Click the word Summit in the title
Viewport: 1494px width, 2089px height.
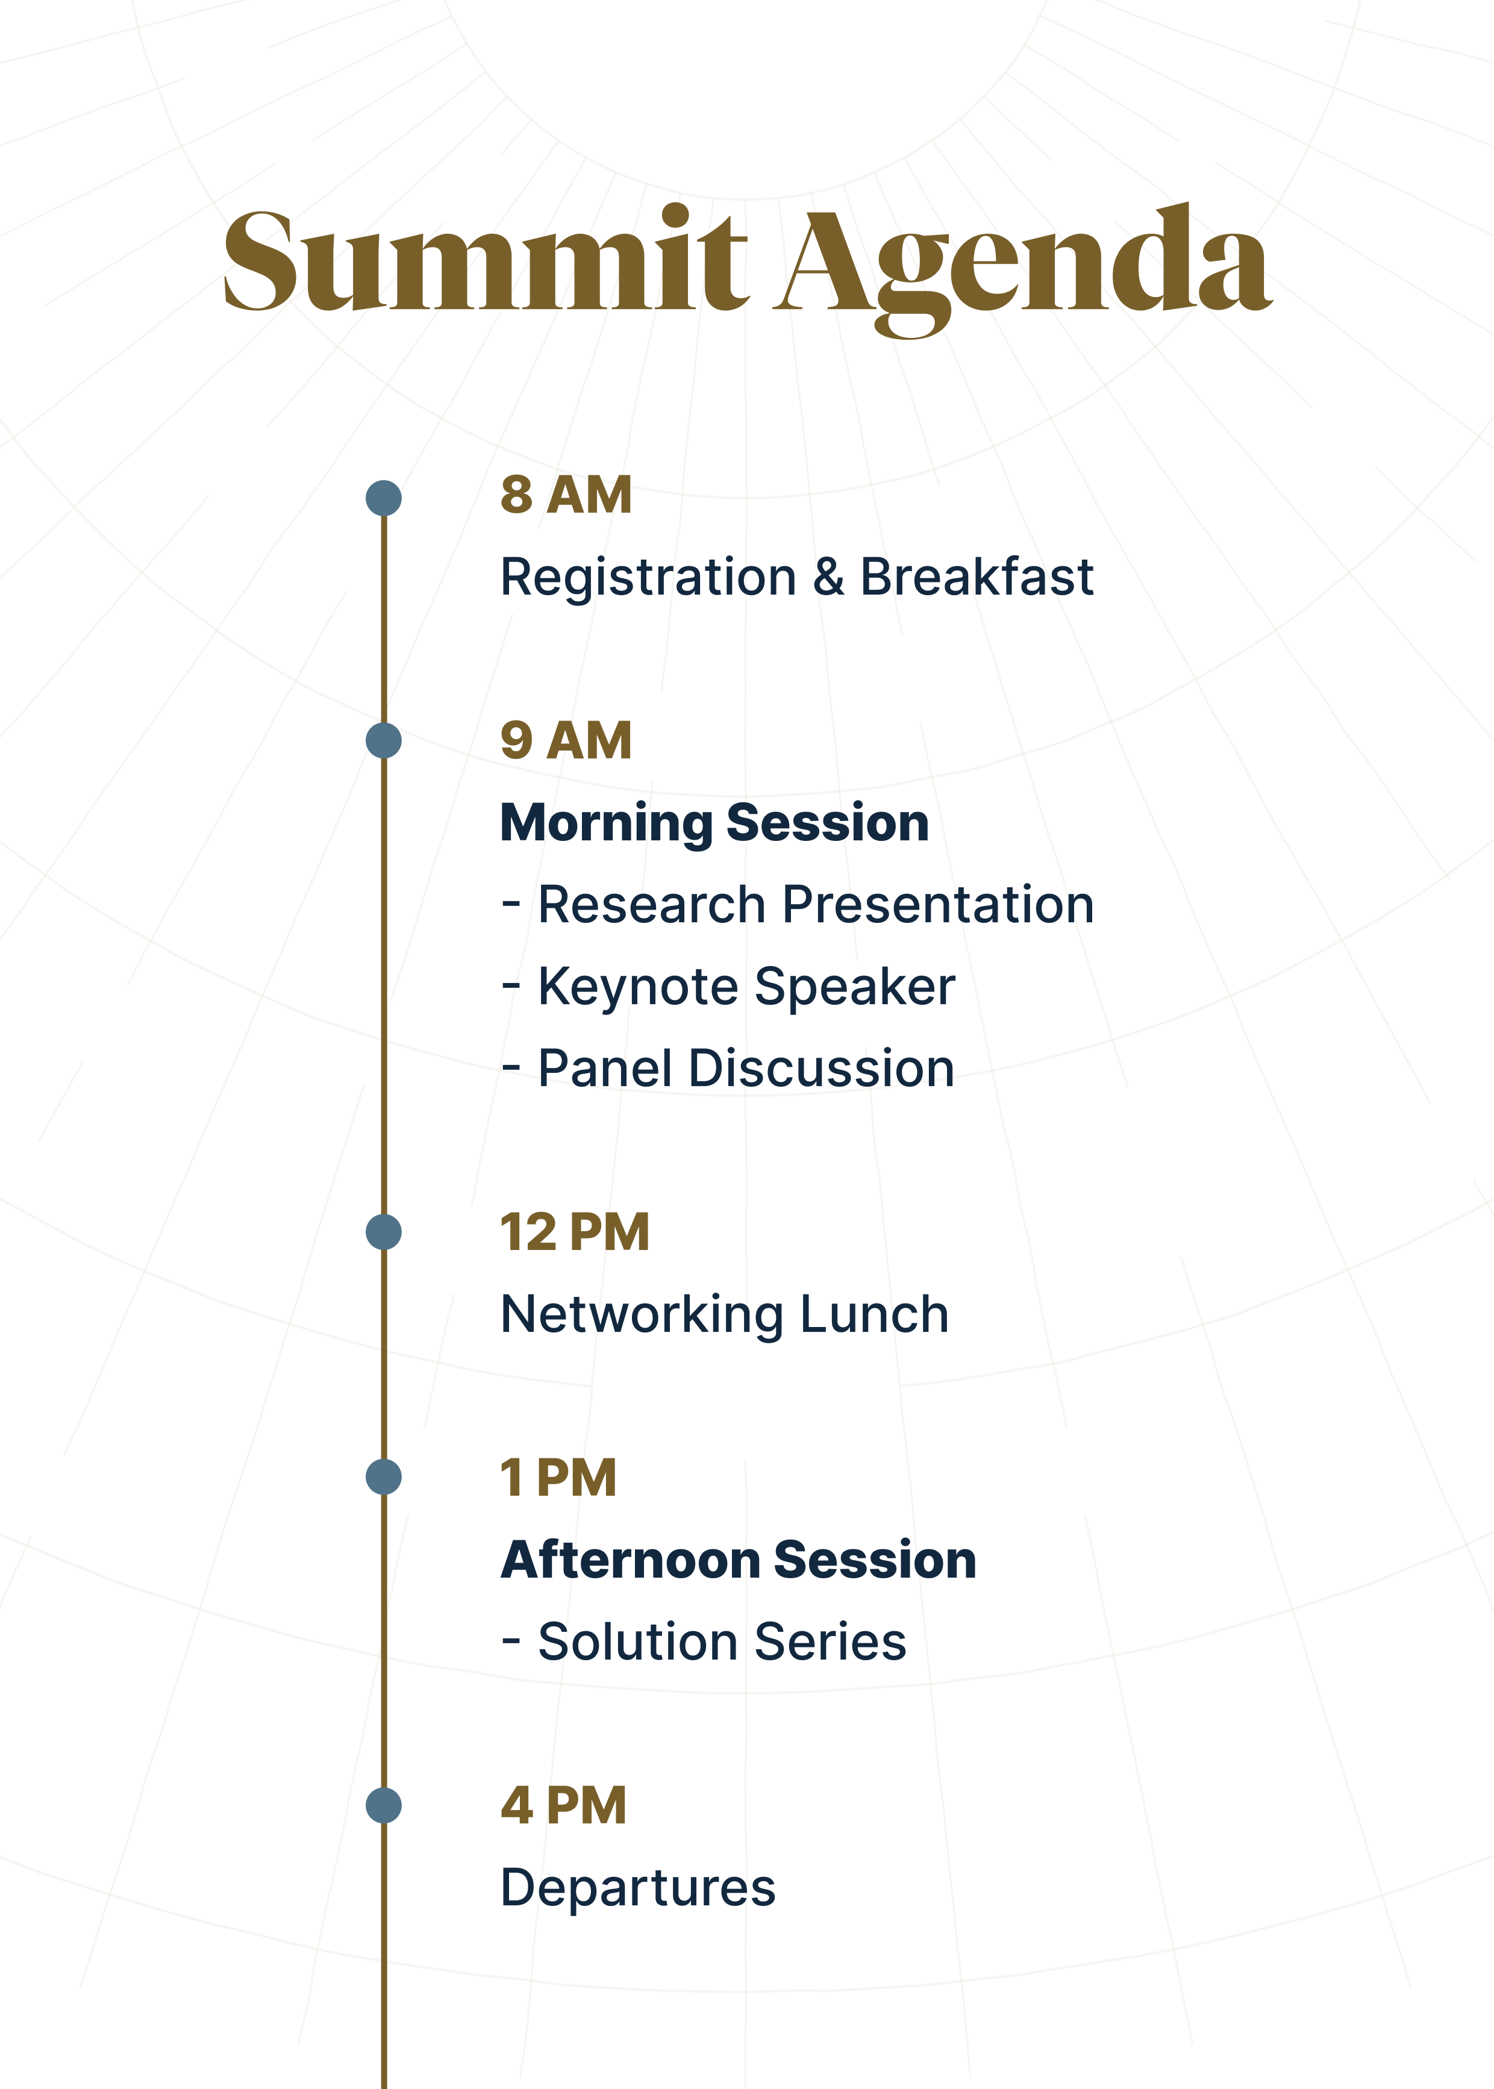click(486, 262)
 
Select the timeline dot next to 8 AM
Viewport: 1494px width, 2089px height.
click(384, 498)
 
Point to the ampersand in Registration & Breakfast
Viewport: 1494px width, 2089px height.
click(828, 578)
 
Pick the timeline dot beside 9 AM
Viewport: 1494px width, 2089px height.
click(384, 740)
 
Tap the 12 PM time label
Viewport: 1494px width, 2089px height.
click(575, 1232)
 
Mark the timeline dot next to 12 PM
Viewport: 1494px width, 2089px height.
click(384, 1232)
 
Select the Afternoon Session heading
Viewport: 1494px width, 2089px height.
click(738, 1560)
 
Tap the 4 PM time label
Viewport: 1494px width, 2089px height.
click(563, 1806)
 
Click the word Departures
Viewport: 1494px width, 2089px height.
click(637, 1888)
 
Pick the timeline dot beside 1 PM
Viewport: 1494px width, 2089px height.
click(384, 1477)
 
